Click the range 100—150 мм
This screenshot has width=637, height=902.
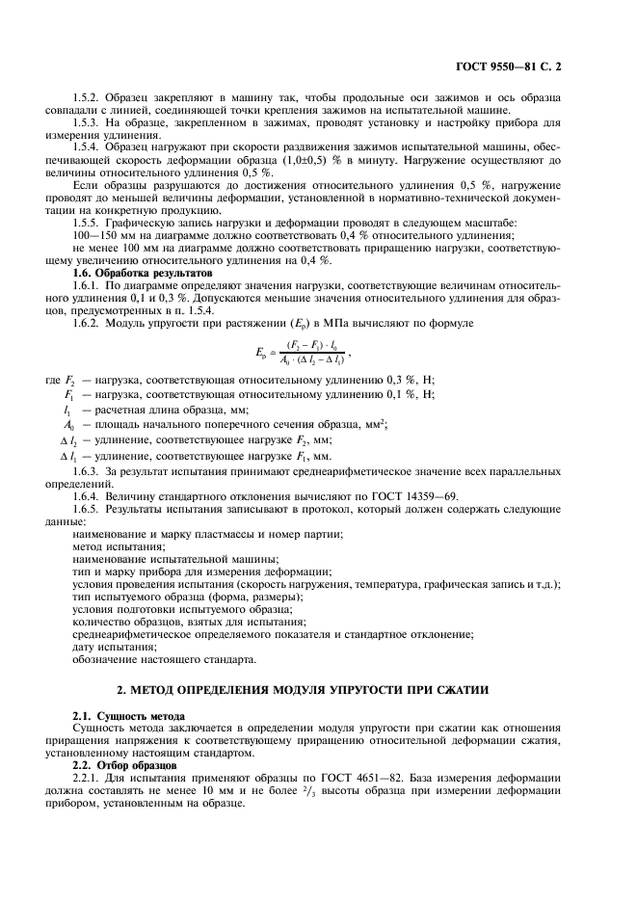(105, 235)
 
